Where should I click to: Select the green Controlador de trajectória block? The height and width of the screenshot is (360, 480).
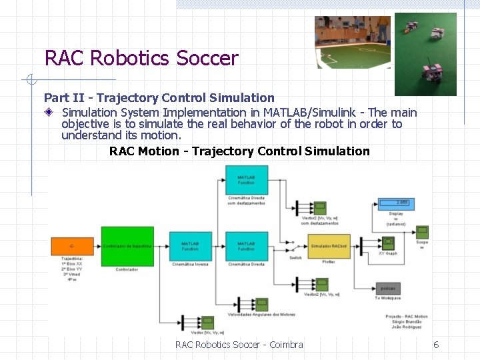tap(127, 246)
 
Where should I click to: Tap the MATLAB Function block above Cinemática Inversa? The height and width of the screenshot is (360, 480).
tap(190, 246)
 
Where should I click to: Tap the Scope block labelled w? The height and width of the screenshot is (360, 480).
tap(422, 231)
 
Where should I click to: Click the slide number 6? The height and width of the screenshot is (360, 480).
tap(436, 345)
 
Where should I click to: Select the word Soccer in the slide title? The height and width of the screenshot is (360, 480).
tap(207, 59)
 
